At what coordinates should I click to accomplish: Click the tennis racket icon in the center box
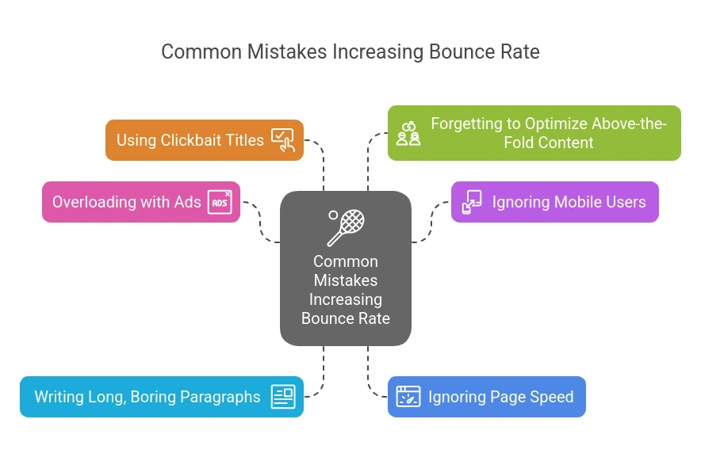[345, 227]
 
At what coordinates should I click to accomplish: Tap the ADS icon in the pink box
[220, 202]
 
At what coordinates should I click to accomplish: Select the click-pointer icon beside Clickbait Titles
[282, 140]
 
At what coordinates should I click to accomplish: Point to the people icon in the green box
[408, 133]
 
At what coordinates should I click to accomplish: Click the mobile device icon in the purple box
[472, 202]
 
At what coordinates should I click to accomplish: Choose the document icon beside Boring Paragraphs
[282, 396]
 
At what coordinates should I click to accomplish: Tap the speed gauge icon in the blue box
[408, 396]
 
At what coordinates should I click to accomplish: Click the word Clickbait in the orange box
[189, 140]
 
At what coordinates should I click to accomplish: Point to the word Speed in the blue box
[552, 397]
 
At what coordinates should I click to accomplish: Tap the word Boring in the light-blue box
[154, 397]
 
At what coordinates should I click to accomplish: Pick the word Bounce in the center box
[325, 318]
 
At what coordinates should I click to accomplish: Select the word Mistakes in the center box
[346, 280]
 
